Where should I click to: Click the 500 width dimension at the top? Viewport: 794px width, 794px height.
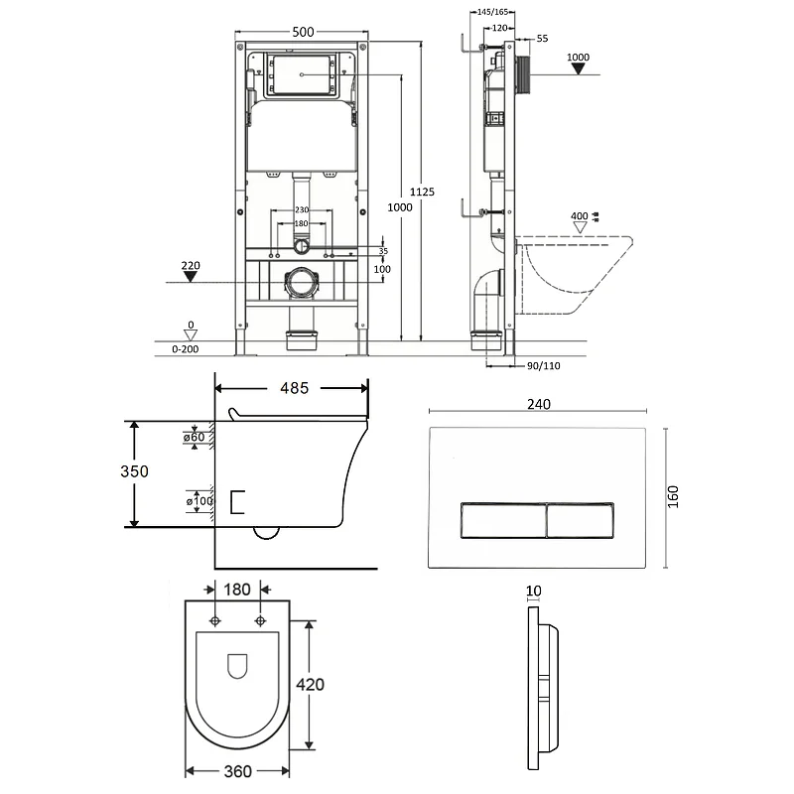pyautogui.click(x=304, y=32)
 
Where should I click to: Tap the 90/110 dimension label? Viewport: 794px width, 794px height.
pyautogui.click(x=543, y=365)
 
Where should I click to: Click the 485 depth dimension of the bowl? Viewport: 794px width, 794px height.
pyautogui.click(x=292, y=388)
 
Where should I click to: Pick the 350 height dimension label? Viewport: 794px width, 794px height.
pyautogui.click(x=133, y=471)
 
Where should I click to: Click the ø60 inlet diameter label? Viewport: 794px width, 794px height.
pyautogui.click(x=194, y=438)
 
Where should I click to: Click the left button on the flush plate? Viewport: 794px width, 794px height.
pyautogui.click(x=502, y=519)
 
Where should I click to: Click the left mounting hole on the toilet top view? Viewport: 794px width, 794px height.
pyautogui.click(x=216, y=621)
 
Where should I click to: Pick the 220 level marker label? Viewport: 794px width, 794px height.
pyautogui.click(x=192, y=266)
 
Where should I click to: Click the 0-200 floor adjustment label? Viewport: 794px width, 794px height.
pyautogui.click(x=186, y=349)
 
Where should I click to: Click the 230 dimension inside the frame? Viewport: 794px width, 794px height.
pyautogui.click(x=303, y=209)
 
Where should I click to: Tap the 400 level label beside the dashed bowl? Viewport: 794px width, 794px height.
pyautogui.click(x=579, y=215)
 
